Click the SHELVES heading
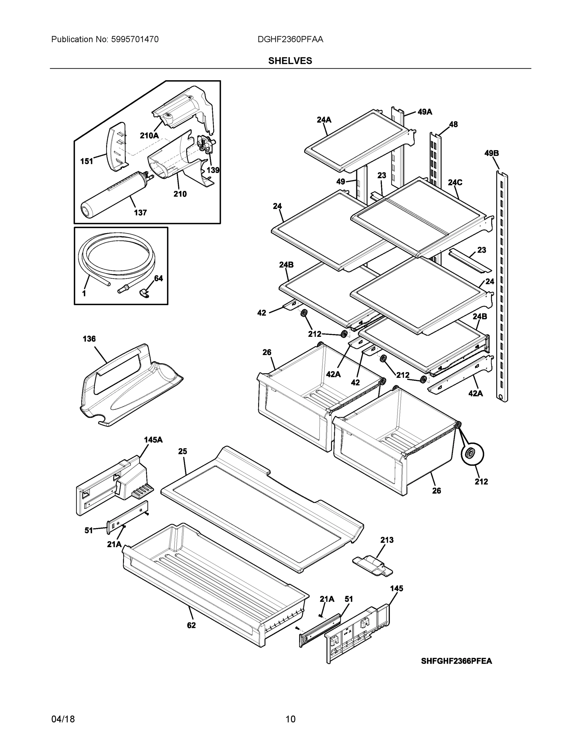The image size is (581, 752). pos(290,61)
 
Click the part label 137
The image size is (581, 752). pos(140,212)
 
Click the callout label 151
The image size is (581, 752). pos(87,161)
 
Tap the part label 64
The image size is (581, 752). pos(158,278)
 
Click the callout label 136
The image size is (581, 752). pos(89,339)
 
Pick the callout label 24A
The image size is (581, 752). pos(324,120)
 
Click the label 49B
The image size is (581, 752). pos(491,153)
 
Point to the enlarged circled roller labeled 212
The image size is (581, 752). pos(472,455)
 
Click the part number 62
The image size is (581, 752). pos(191,625)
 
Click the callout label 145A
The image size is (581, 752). pos(153,440)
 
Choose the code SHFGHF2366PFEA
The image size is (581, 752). pos(456,661)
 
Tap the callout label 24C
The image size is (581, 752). pos(455,182)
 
